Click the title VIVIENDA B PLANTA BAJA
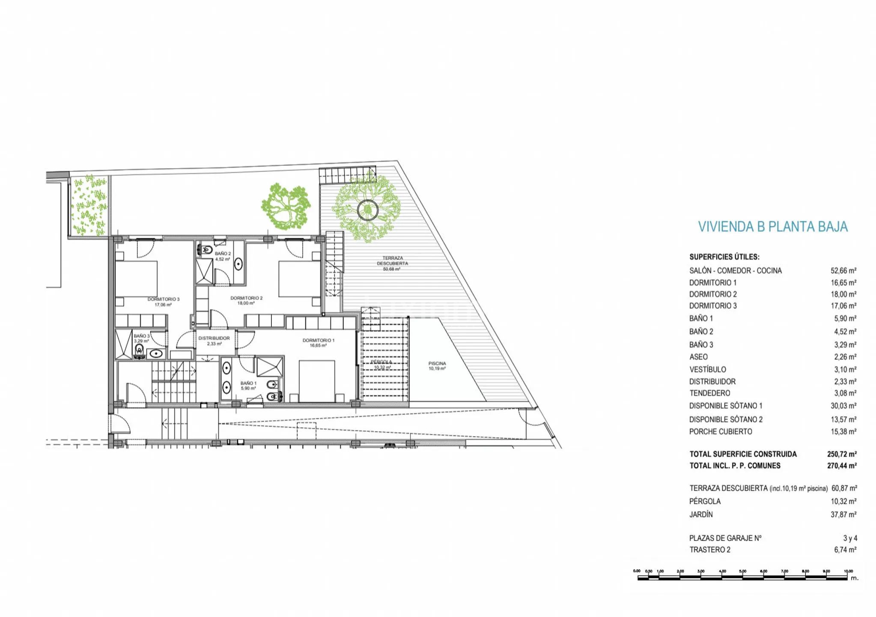tap(772, 227)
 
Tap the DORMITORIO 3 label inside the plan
tap(163, 300)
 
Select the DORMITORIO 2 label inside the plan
tap(246, 298)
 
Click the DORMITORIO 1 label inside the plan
tap(318, 341)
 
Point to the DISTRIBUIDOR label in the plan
tap(214, 338)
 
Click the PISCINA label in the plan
tap(437, 364)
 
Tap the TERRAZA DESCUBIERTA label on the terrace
tap(392, 261)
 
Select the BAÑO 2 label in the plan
tap(223, 254)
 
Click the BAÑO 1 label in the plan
tap(248, 383)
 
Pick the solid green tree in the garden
tap(286, 206)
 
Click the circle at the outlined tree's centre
tap(367, 210)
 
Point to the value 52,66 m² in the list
tap(843, 271)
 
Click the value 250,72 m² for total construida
tap(841, 454)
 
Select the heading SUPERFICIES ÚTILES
tap(724, 257)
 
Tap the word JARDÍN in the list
tap(701, 515)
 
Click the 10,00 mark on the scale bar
tap(848, 572)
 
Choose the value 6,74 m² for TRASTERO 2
tap(845, 550)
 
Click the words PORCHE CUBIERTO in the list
tap(720, 432)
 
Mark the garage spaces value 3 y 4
tap(850, 538)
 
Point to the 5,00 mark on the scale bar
tap(742, 572)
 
